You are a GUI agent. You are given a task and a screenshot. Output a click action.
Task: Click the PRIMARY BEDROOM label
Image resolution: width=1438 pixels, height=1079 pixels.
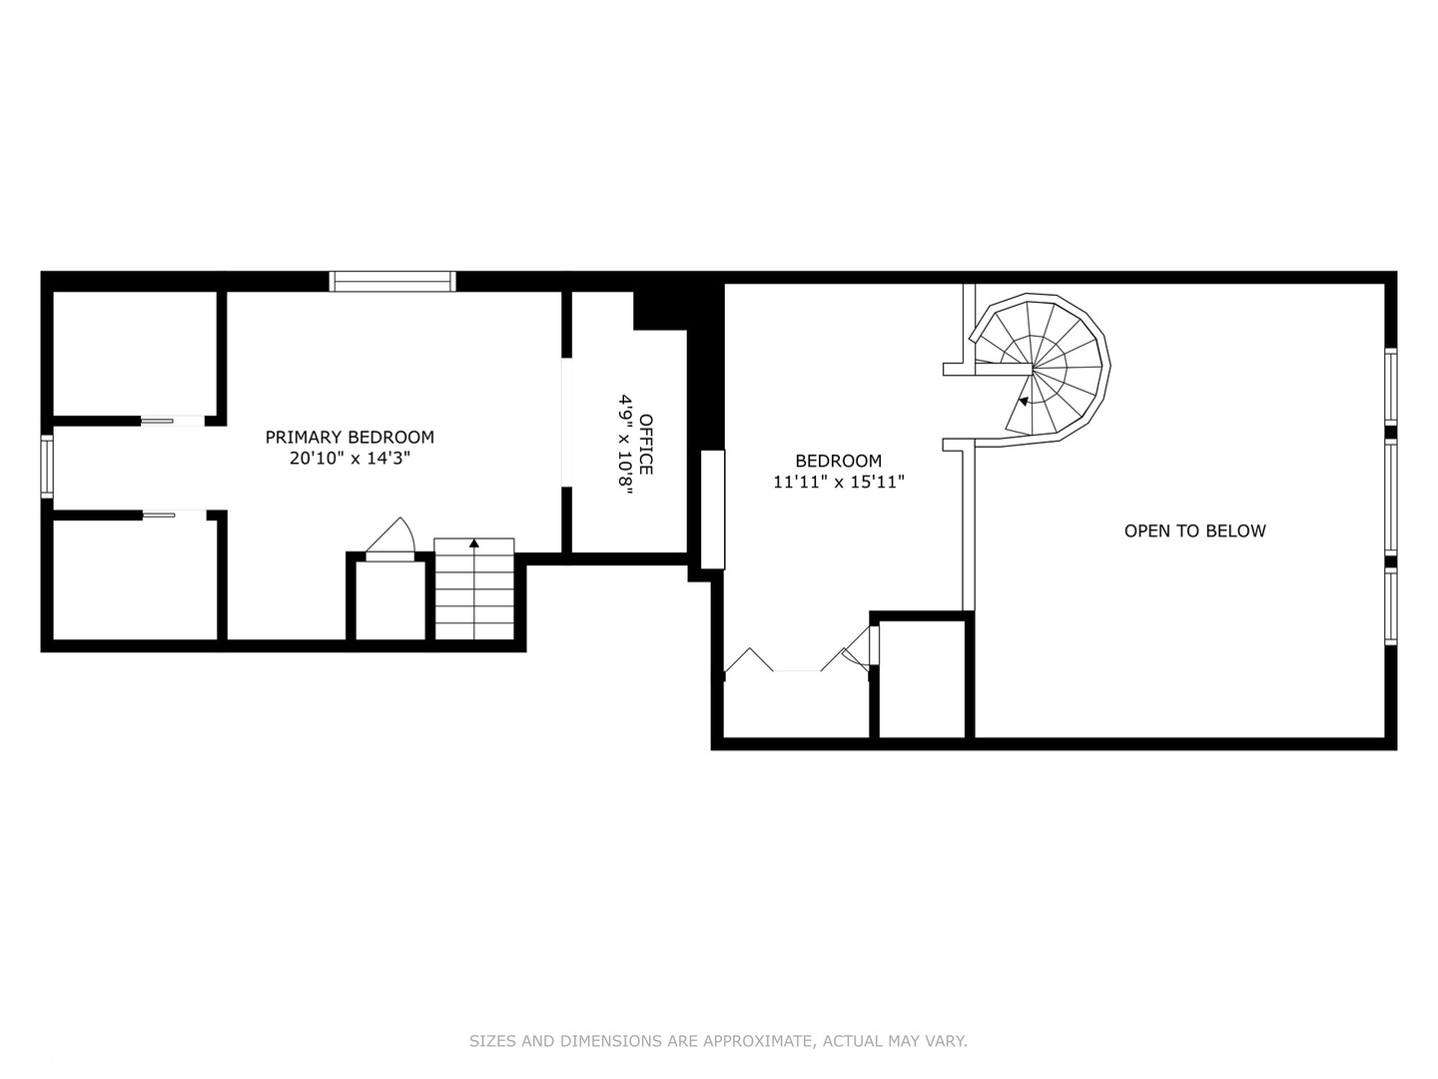(x=350, y=437)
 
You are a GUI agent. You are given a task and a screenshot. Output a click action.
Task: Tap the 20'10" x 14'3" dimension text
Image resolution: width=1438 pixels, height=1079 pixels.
(x=350, y=459)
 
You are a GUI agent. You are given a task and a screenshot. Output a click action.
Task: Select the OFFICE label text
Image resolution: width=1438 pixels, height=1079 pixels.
(x=646, y=444)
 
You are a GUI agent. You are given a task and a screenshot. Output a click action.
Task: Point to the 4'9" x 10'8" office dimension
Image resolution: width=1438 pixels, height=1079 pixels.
(x=625, y=444)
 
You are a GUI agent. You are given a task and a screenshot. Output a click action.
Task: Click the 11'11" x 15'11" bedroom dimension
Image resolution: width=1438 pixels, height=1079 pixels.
(x=839, y=482)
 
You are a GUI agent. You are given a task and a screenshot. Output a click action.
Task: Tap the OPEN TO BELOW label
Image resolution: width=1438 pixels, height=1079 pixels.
(x=1194, y=531)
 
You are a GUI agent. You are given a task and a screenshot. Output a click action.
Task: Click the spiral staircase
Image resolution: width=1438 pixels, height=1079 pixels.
(x=1044, y=369)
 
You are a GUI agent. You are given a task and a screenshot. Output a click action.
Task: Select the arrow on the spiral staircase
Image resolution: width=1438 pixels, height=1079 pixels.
(x=1023, y=402)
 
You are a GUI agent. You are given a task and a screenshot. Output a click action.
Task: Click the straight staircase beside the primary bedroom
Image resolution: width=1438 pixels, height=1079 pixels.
(x=474, y=593)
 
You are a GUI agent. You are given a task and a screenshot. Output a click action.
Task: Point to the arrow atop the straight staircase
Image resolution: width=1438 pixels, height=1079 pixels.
(x=474, y=543)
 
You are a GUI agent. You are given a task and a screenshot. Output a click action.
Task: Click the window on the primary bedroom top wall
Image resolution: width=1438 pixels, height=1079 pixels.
(x=392, y=281)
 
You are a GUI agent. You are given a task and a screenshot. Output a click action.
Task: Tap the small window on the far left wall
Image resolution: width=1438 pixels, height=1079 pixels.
(x=46, y=466)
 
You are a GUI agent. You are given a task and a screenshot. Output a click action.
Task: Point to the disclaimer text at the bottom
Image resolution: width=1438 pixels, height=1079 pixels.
(x=718, y=1041)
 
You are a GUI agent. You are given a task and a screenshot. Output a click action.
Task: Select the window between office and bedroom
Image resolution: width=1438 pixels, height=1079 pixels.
(x=712, y=510)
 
